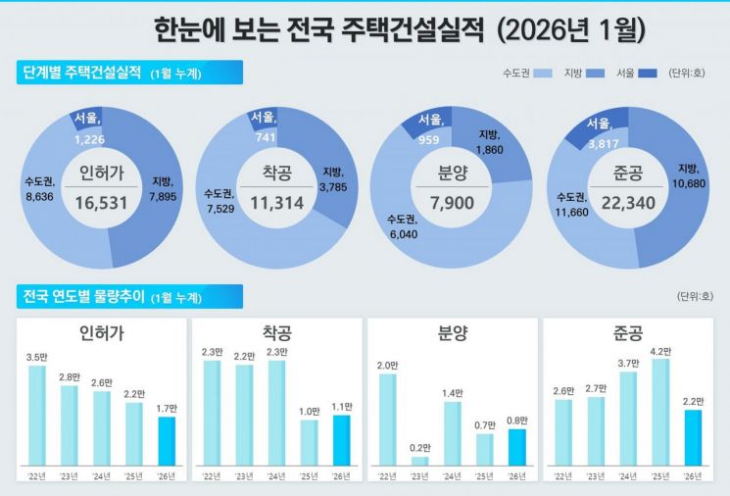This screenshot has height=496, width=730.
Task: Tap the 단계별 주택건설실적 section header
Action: (x=82, y=73)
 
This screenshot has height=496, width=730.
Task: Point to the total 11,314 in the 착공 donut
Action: (x=277, y=203)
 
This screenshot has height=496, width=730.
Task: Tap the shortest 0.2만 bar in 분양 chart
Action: (x=419, y=460)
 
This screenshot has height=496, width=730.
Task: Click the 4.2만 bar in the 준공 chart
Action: (x=660, y=411)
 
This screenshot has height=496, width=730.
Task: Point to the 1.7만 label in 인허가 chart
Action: (x=167, y=408)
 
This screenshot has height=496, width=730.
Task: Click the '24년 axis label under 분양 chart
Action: (x=452, y=476)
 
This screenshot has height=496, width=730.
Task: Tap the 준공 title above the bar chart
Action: (x=627, y=333)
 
